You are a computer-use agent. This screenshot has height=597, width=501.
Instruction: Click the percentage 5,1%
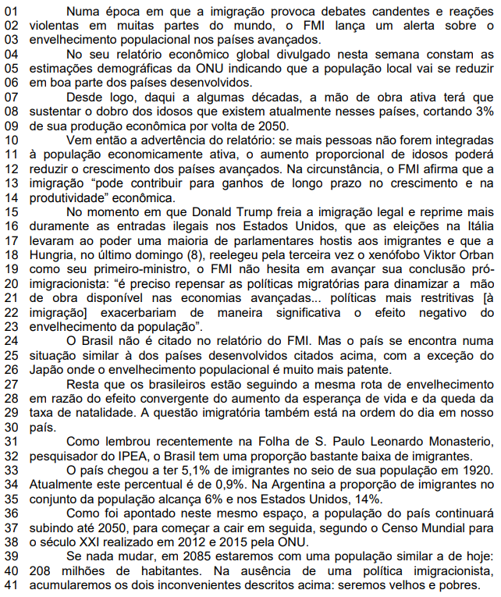[178, 470]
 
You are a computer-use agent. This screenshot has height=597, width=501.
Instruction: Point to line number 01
[10, 11]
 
